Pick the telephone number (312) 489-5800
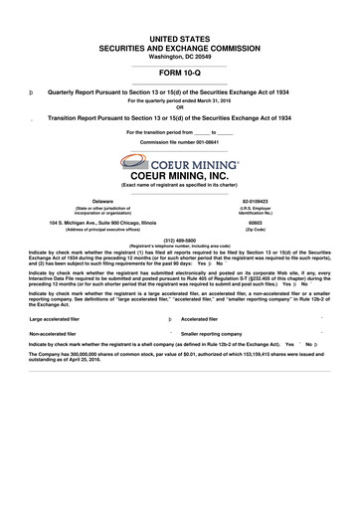[180, 239]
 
